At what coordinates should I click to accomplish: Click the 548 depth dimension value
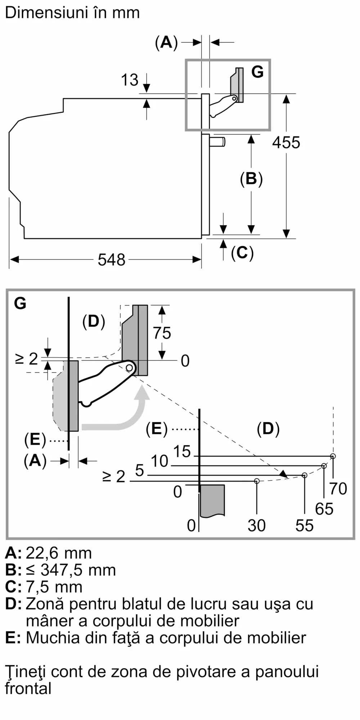(111, 260)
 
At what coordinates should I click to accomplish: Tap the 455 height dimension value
(286, 143)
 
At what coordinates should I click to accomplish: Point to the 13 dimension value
(129, 80)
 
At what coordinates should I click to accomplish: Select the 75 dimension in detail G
(162, 333)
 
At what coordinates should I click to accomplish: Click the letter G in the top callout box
(257, 72)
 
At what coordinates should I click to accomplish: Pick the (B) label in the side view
(251, 179)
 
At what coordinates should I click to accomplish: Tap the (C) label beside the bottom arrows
(242, 253)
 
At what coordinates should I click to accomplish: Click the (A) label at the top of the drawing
(166, 42)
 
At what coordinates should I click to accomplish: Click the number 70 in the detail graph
(338, 489)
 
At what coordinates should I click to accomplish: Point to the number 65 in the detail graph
(324, 509)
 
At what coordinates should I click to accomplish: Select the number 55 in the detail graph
(305, 526)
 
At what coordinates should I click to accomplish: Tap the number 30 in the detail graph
(257, 526)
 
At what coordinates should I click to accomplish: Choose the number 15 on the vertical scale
(182, 451)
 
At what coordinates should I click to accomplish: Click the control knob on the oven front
(217, 141)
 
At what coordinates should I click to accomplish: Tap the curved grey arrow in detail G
(122, 414)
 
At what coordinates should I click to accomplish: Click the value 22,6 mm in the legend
(59, 553)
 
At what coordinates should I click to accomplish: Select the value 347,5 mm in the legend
(78, 570)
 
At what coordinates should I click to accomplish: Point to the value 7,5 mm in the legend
(54, 587)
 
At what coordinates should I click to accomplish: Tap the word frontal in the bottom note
(28, 689)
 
